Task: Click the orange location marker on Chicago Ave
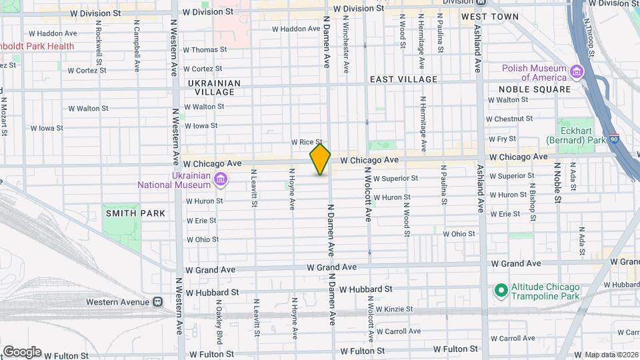[x=320, y=159]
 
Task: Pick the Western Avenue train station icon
[x=158, y=302]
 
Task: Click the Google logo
[x=22, y=351]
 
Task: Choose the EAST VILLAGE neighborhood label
[x=404, y=79]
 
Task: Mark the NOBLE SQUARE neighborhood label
[x=534, y=89]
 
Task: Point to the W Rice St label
[x=307, y=142]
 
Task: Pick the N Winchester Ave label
[x=345, y=46]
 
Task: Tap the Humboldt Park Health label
[x=37, y=46]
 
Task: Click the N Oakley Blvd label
[x=218, y=317]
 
